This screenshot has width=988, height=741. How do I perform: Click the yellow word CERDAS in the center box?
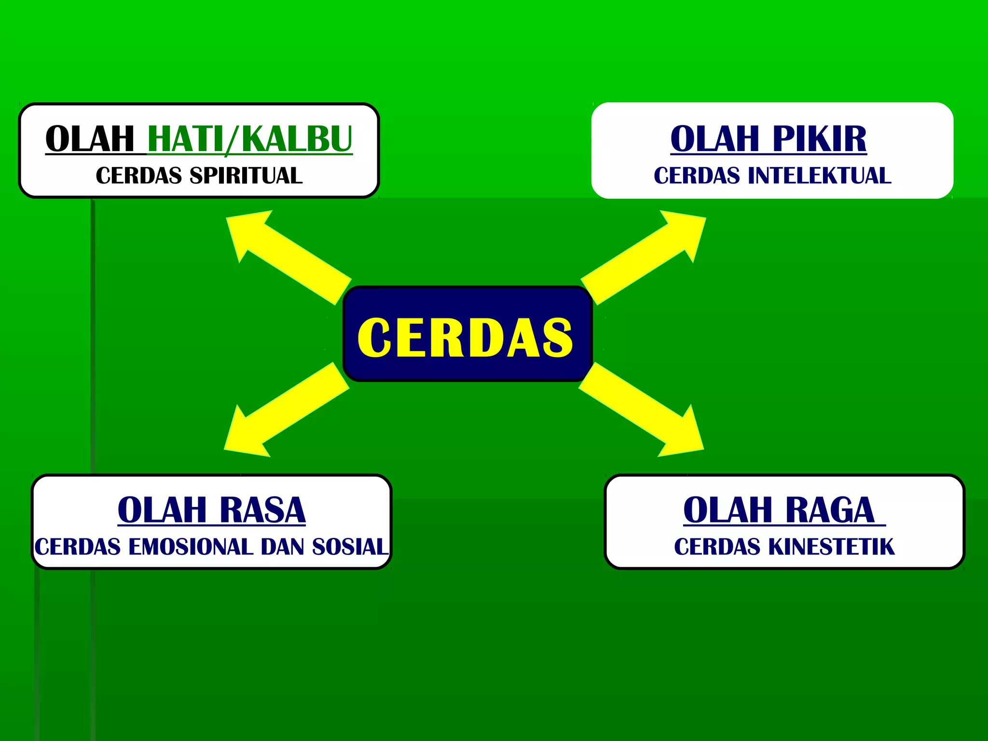coord(465,337)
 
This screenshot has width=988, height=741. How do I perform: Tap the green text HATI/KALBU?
coord(250,139)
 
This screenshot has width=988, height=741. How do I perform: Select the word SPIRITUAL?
coord(246,176)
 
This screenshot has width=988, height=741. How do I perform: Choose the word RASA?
coord(262,510)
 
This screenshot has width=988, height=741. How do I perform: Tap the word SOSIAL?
coord(350,547)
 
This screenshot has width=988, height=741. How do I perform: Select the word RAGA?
coord(830,510)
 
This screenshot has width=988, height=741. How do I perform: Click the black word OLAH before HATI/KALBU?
coord(90,139)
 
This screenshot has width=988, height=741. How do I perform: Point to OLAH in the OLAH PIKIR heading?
coord(715,139)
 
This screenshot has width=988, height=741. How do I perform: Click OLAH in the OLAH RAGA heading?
coord(728,510)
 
